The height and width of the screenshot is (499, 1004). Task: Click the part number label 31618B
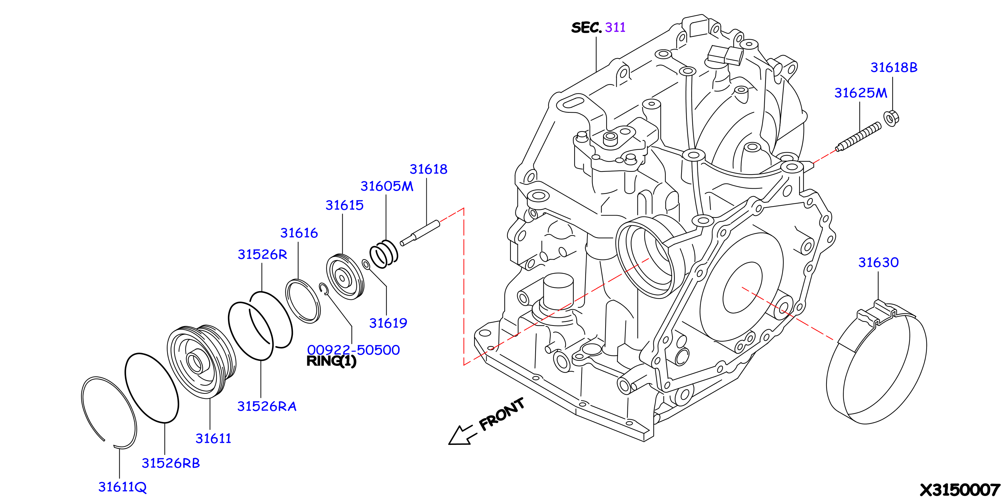[894, 68]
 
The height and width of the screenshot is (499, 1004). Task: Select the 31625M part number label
[860, 93]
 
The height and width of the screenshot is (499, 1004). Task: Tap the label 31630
[879, 262]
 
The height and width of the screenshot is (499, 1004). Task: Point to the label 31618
[428, 169]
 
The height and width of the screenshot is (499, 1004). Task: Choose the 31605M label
[387, 186]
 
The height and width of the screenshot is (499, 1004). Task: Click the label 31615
[345, 205]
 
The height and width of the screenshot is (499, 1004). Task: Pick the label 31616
[299, 233]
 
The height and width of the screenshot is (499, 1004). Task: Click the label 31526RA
[267, 406]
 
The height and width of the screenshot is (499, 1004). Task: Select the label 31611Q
[122, 487]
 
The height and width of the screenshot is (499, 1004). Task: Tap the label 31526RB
[171, 463]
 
